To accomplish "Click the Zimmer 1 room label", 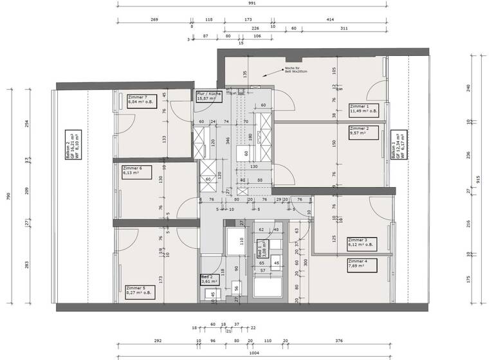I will (364, 109).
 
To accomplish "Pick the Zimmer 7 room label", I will (143, 99).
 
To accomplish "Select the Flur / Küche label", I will (210, 96).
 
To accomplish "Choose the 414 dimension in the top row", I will (331, 20).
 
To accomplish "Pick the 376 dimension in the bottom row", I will (339, 341).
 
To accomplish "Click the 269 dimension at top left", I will (154, 20).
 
